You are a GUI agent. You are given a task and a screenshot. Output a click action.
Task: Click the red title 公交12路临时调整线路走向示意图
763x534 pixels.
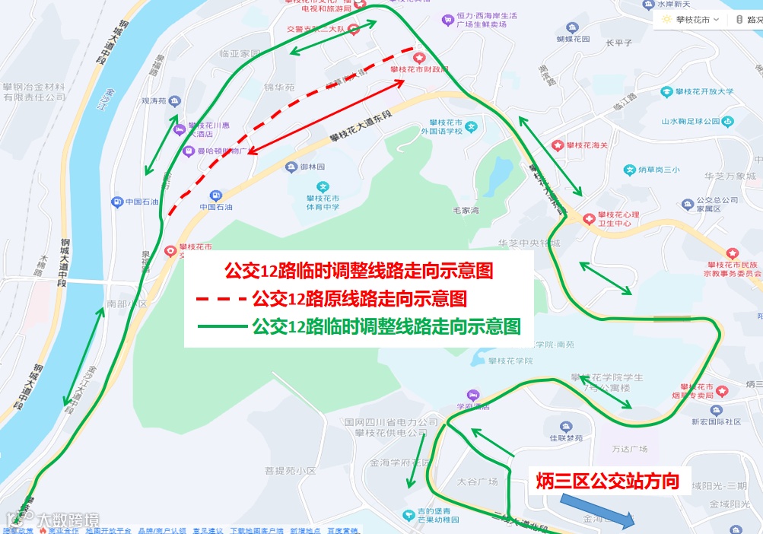click(x=358, y=271)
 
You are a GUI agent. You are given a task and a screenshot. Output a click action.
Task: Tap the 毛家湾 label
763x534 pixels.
click(x=466, y=211)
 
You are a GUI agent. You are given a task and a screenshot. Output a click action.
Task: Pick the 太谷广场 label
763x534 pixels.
click(x=477, y=482)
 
